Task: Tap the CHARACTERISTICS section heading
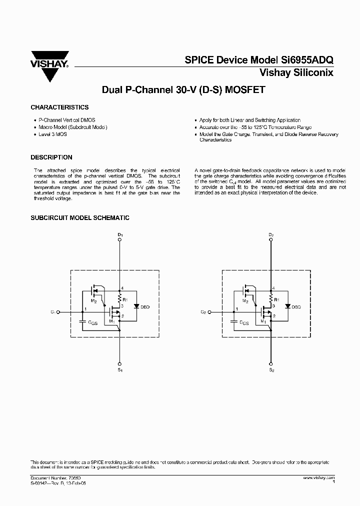click(59, 107)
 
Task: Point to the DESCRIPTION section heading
click(51, 157)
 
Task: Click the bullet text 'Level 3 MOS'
click(52, 134)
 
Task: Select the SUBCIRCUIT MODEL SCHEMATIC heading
click(80, 218)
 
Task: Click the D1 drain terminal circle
click(119, 239)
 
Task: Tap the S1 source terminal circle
click(119, 363)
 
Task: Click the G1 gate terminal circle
click(58, 312)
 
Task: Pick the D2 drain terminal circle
click(270, 239)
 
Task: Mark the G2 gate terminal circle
click(210, 312)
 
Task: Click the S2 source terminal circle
click(270, 363)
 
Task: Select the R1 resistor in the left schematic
click(120, 299)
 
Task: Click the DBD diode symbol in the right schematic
click(287, 306)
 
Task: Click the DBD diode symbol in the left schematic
click(135, 306)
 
